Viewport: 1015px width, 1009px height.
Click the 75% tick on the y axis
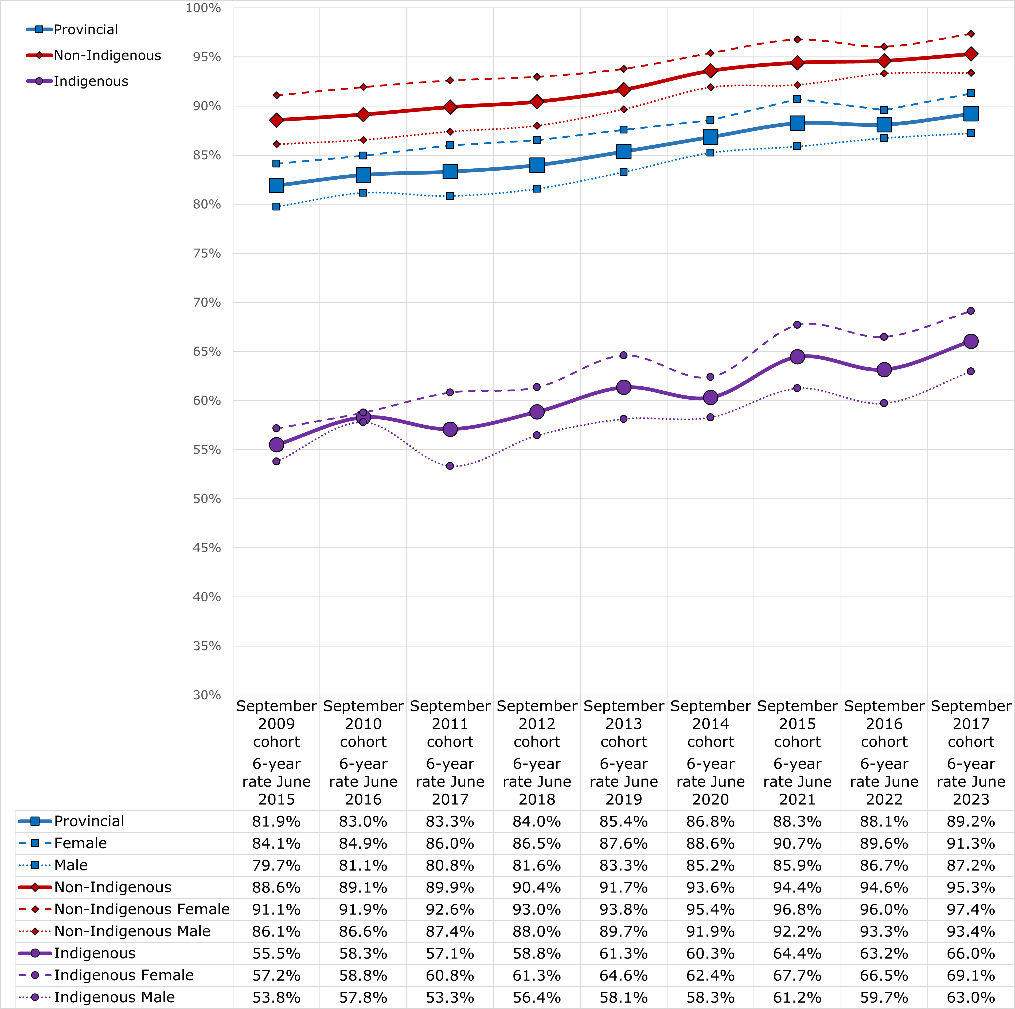click(206, 253)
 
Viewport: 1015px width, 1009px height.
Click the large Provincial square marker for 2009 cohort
click(276, 185)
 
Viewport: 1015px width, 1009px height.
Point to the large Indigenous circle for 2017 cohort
click(971, 341)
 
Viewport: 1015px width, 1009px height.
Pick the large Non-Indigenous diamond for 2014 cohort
click(710, 71)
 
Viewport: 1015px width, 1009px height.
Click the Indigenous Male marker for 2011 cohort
click(450, 466)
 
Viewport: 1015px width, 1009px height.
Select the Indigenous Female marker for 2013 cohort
click(624, 355)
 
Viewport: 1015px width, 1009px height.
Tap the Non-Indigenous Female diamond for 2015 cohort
click(797, 39)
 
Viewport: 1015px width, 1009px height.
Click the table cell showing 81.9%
click(276, 821)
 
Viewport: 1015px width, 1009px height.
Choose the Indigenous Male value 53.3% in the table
click(450, 998)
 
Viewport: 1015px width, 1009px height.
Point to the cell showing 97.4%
click(971, 909)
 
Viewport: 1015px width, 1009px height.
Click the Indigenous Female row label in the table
click(123, 975)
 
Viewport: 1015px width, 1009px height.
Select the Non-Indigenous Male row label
click(132, 931)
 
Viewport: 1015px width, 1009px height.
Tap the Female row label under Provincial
click(80, 844)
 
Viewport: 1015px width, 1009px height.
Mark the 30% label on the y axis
click(206, 695)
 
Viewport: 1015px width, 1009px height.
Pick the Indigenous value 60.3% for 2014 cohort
click(710, 953)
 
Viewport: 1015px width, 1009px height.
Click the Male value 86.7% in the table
click(884, 865)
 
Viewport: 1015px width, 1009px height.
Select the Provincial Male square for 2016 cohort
click(884, 138)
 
